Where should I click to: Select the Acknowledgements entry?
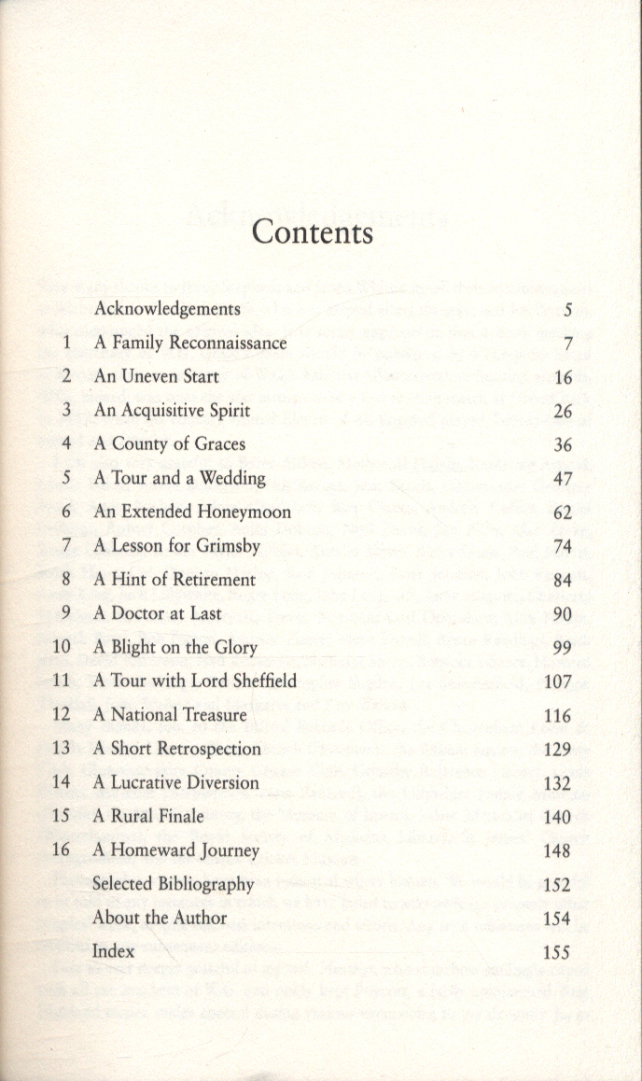(x=167, y=309)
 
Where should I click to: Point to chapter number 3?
(x=66, y=410)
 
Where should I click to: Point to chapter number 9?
(x=66, y=613)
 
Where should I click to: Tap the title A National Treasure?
(x=170, y=715)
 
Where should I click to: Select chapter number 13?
(x=63, y=749)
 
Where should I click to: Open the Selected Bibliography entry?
(x=173, y=884)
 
